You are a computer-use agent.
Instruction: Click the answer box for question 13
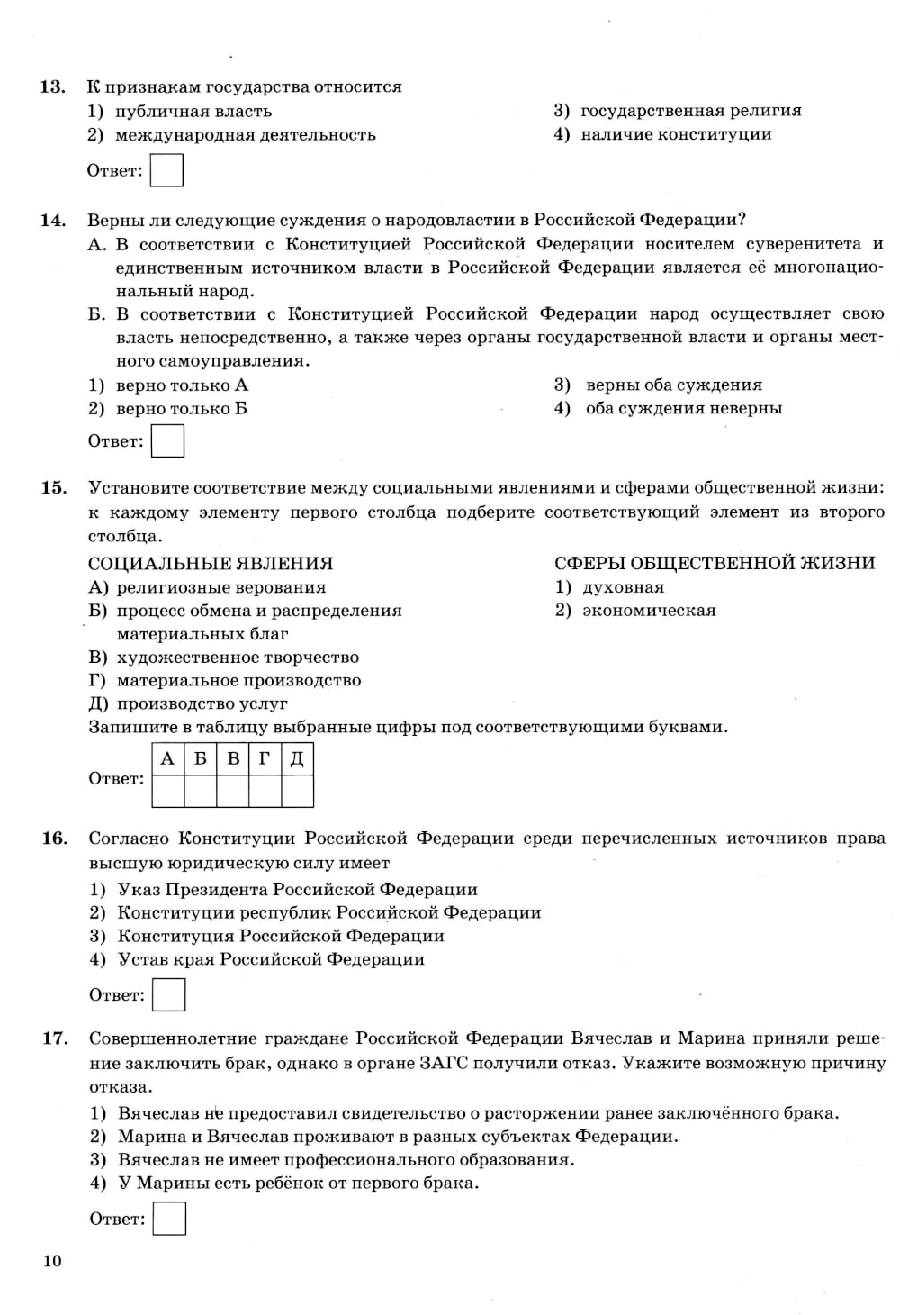tap(166, 170)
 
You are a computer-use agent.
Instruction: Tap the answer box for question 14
tap(167, 440)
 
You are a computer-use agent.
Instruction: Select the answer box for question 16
tap(169, 994)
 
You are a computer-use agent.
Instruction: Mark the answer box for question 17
tap(169, 1218)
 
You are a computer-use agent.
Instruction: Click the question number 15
tap(54, 487)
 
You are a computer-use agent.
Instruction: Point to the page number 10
tap(52, 1260)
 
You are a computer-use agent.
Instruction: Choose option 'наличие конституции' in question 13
tap(676, 134)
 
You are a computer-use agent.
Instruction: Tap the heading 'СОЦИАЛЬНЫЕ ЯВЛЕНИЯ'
tap(211, 563)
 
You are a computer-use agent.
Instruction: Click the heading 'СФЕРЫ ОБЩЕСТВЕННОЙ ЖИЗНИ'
tap(715, 563)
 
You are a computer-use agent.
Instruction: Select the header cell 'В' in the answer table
tap(233, 759)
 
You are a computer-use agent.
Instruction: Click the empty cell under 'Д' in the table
tap(297, 791)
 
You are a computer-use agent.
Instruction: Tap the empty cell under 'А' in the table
tap(167, 791)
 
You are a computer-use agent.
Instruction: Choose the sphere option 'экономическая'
tap(649, 610)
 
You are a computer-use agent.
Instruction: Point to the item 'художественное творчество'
tap(238, 657)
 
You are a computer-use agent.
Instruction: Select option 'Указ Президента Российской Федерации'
tap(297, 889)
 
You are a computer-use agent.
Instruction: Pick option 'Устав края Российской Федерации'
tap(271, 959)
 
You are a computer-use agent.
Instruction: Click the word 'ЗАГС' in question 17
tap(443, 1062)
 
